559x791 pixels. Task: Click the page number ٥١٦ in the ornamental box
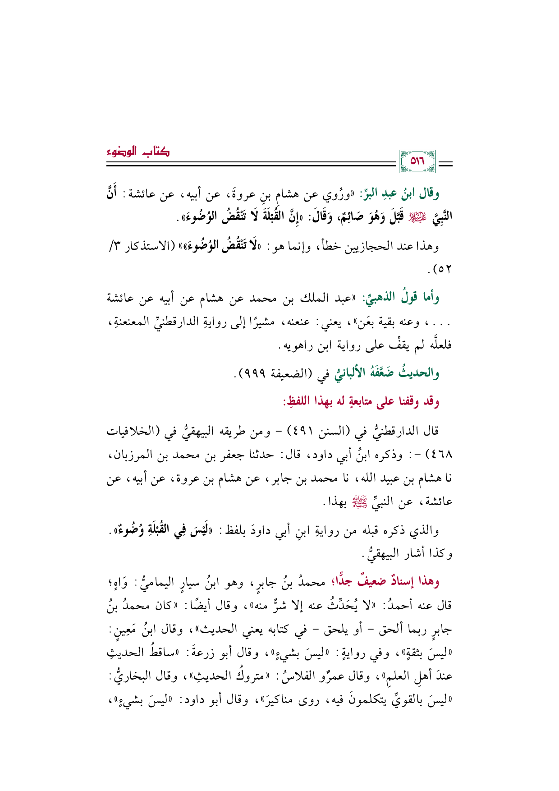click(417, 161)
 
